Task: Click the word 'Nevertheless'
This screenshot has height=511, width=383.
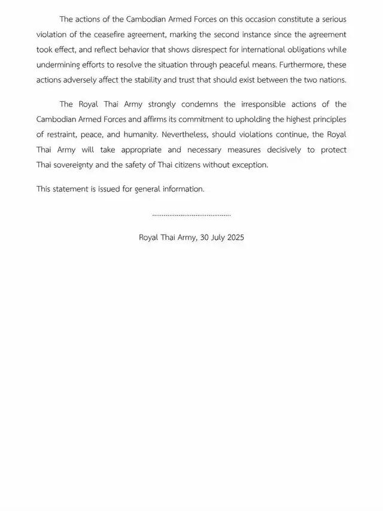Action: [x=183, y=135]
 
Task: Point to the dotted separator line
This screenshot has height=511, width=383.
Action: [x=191, y=214]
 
